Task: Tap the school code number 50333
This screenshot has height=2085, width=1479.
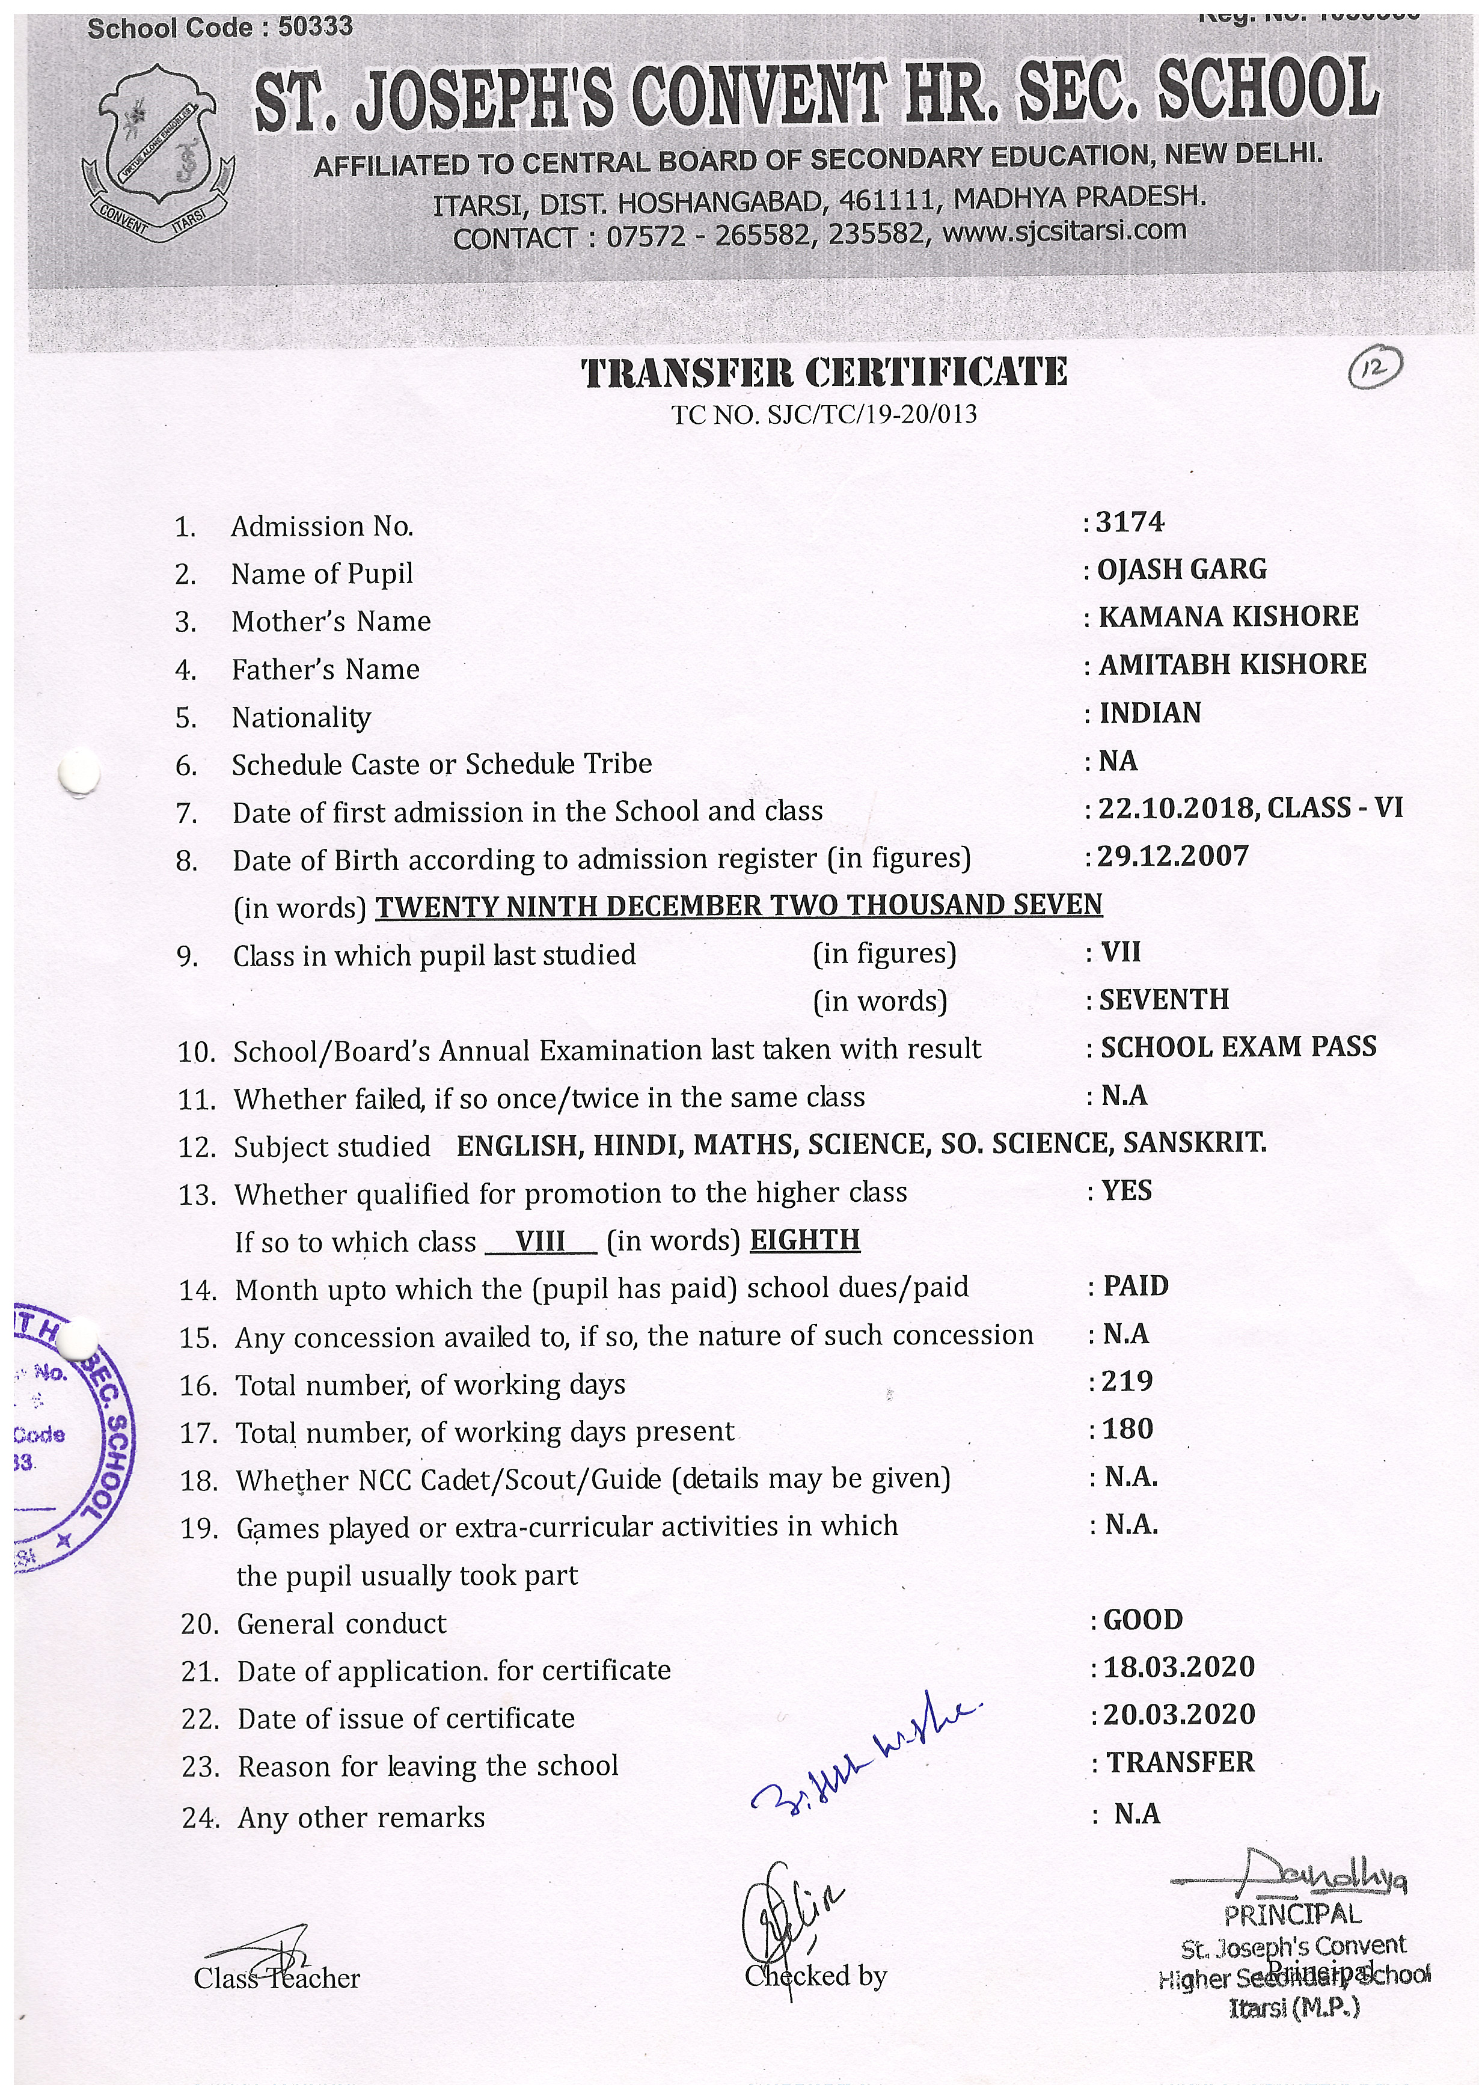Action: coord(315,27)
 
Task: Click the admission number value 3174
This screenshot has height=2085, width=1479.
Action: coord(1130,522)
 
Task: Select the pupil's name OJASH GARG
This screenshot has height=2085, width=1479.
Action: coord(1181,570)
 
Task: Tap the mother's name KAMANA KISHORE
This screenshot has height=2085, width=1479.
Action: coord(1228,617)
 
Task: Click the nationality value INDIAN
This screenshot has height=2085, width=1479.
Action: coord(1150,713)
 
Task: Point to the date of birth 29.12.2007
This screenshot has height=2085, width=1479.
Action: coord(1172,857)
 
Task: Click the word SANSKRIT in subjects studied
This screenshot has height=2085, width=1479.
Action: coord(1194,1144)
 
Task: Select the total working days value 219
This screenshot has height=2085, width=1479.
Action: coord(1127,1381)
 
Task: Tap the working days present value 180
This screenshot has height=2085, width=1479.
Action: coord(1127,1430)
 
